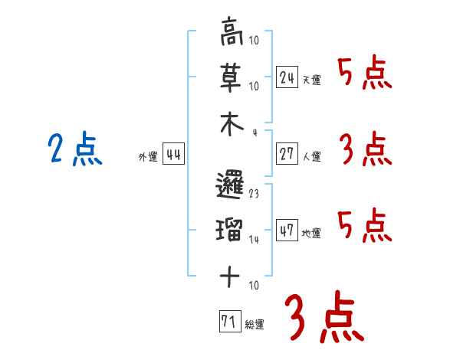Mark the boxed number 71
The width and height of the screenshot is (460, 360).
point(228,321)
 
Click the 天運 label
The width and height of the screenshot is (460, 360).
point(311,80)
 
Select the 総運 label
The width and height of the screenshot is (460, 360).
point(254,325)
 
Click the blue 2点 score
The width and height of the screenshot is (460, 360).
point(74,149)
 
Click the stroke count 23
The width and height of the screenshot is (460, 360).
point(254,195)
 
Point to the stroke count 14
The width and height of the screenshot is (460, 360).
point(254,240)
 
